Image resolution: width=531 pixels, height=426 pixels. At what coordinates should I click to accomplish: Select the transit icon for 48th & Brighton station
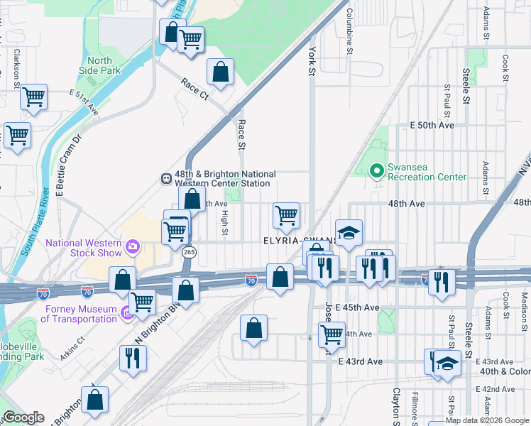165,179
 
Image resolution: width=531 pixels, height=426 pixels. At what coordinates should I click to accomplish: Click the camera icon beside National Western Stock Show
132,247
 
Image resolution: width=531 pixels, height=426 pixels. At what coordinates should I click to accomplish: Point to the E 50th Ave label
432,125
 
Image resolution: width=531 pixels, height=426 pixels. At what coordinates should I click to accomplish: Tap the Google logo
23,417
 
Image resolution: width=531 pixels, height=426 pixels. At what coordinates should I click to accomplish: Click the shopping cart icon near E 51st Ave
33,97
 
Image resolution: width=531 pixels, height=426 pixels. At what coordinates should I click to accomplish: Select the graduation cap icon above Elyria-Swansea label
349,233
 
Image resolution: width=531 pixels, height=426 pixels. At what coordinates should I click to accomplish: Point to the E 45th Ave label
358,307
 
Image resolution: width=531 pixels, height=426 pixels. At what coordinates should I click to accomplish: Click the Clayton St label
396,408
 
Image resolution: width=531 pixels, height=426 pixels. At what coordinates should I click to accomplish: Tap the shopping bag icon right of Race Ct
221,71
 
